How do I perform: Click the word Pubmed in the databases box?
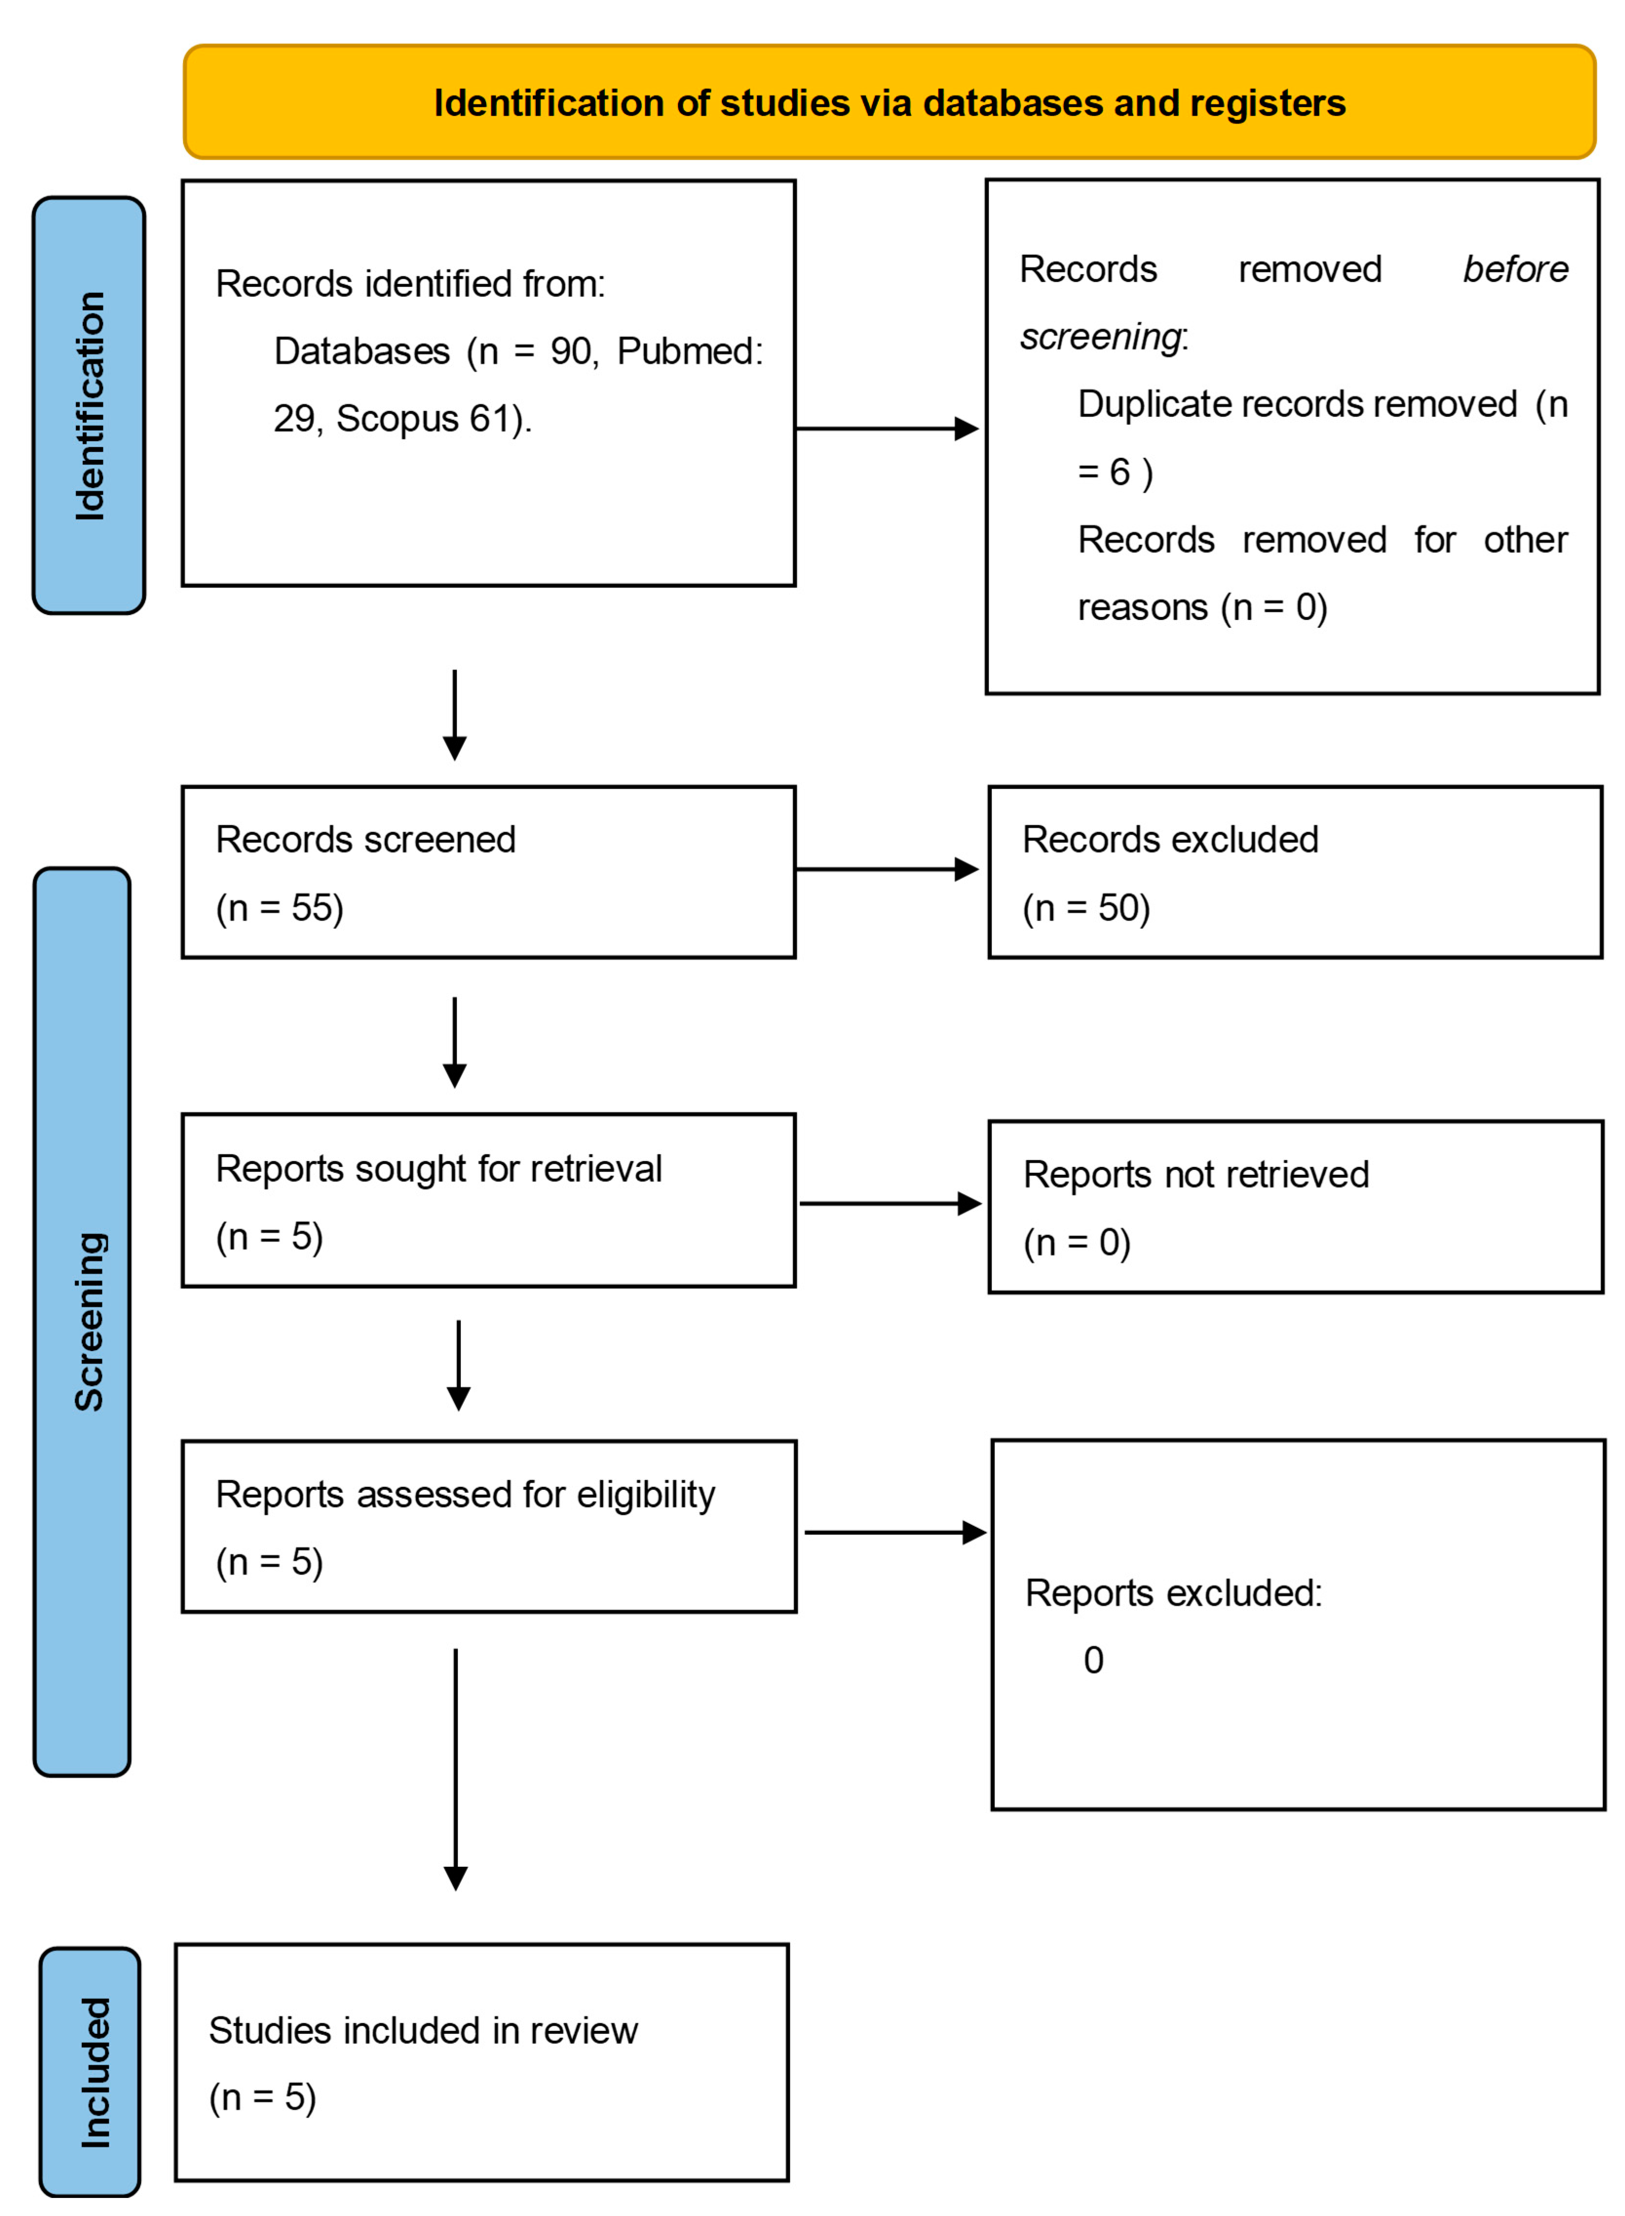click(689, 351)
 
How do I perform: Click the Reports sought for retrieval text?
click(439, 1168)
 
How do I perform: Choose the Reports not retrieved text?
click(1195, 1174)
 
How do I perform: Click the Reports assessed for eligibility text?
click(465, 1494)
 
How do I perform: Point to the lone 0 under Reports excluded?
click(1093, 1660)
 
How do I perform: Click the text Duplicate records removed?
click(1297, 404)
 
